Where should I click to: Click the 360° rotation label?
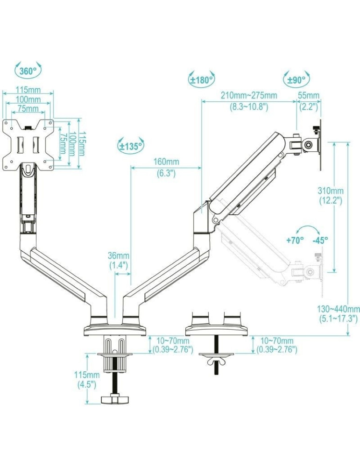coord(28,71)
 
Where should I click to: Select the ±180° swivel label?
coord(201,79)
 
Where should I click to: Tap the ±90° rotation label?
coord(296,80)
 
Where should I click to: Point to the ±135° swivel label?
coord(130,146)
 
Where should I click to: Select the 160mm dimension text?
coord(166,162)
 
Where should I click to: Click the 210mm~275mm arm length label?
coord(248,96)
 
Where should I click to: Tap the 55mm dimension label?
coord(309,96)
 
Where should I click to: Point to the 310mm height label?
coord(331,191)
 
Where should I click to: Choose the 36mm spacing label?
coord(119,255)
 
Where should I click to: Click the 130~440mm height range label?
coord(339,309)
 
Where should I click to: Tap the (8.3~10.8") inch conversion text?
coord(248,106)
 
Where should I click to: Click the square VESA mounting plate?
coord(28,145)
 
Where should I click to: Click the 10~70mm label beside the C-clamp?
coord(173,341)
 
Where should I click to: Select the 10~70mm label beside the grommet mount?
coord(277,341)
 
